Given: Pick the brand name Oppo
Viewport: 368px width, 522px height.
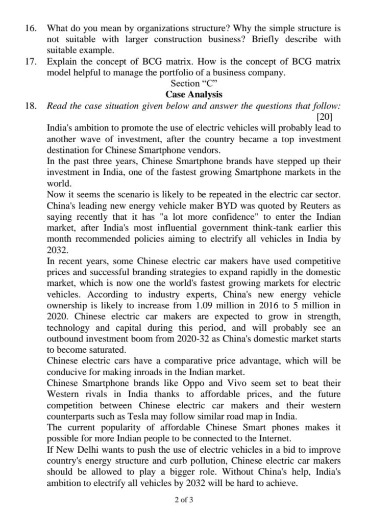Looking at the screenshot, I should point(182,383).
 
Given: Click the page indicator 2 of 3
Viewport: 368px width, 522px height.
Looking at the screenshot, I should point(184,500).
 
